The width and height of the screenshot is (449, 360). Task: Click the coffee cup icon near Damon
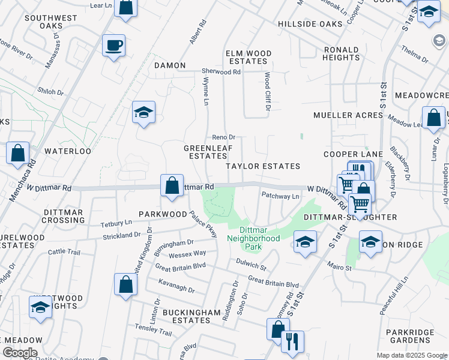click(113, 46)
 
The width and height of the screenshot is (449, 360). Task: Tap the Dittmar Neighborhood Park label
click(260, 234)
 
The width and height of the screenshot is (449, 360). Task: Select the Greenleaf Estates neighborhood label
click(205, 151)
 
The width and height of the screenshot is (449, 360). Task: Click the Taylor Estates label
click(262, 166)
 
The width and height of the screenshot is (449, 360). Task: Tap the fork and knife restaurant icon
click(292, 341)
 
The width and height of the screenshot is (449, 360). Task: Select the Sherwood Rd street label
click(221, 71)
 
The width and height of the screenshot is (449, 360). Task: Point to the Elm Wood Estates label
click(246, 57)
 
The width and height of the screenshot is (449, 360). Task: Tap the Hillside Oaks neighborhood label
click(310, 24)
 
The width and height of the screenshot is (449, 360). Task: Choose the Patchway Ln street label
click(280, 196)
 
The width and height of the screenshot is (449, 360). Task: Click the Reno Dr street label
click(223, 137)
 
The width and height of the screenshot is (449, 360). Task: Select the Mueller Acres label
click(348, 115)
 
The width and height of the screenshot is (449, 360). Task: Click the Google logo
click(19, 353)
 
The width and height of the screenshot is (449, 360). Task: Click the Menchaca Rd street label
click(22, 178)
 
